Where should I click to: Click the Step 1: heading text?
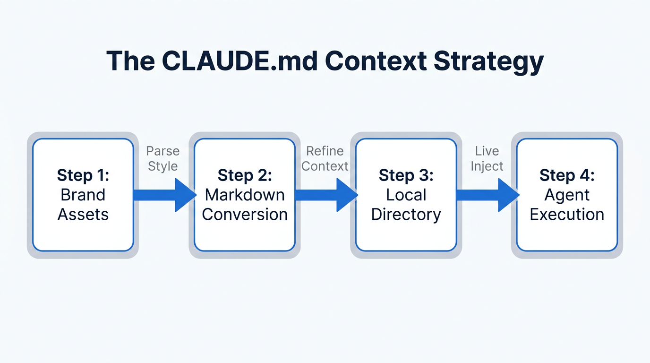[x=83, y=175]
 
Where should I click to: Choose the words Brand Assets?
[x=83, y=205]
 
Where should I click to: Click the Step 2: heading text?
[x=245, y=175]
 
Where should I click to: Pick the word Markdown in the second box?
[x=245, y=195]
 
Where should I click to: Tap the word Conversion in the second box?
[x=245, y=215]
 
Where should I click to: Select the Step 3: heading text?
[x=406, y=175]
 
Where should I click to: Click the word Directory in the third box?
[x=406, y=215]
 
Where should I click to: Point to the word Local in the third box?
[x=406, y=195]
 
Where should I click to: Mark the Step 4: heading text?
[x=567, y=175]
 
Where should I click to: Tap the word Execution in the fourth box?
[x=567, y=215]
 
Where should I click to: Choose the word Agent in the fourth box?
[x=567, y=195]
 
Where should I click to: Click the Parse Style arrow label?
[x=162, y=159]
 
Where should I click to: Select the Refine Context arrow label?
[x=325, y=159]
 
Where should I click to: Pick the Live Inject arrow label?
[x=487, y=159]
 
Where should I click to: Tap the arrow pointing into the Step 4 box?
[x=487, y=195]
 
